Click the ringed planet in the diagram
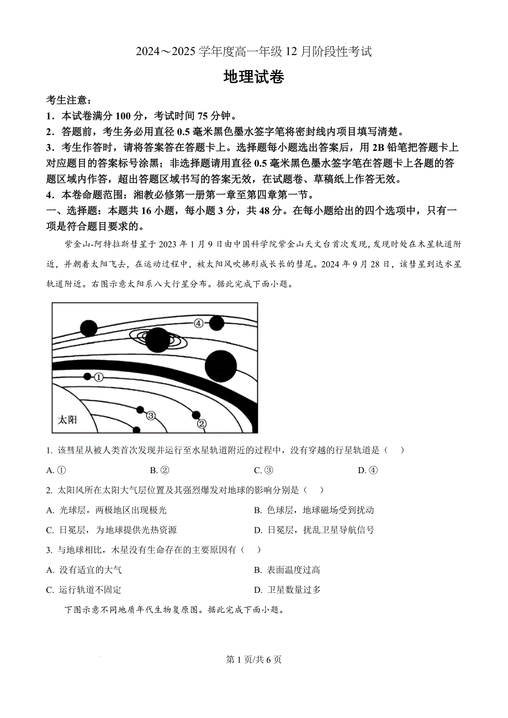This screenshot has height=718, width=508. click(x=157, y=339)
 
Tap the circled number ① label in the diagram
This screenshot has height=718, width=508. click(x=99, y=377)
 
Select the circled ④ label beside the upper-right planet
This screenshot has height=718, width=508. click(x=199, y=324)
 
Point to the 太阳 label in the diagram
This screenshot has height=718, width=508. click(x=67, y=420)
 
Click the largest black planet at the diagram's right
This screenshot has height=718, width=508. click(x=220, y=366)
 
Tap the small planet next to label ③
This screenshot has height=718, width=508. click(x=140, y=410)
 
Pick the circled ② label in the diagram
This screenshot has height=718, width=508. click(x=202, y=424)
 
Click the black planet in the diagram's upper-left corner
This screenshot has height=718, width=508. click(x=88, y=328)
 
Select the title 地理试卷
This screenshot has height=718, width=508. click(x=253, y=77)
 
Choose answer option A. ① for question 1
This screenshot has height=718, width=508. click(x=56, y=470)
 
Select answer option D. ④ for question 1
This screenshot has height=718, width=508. click(x=368, y=470)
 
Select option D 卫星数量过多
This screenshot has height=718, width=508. click(x=287, y=590)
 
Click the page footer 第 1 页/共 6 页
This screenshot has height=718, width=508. click(x=254, y=660)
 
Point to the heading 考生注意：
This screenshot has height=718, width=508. click(x=69, y=100)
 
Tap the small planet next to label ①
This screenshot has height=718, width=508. click(x=87, y=376)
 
